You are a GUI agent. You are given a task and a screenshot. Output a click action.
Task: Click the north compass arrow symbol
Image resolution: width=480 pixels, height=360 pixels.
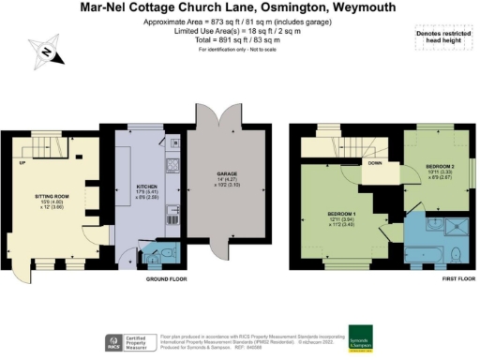coord(46,53)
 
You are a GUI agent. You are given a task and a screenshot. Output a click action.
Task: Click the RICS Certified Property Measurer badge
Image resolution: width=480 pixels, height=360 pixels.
coord(130,340)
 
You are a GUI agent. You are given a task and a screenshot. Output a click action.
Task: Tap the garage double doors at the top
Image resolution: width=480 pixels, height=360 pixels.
coord(218,114)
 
